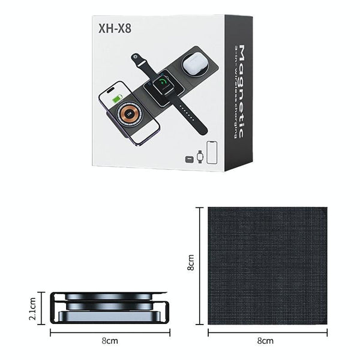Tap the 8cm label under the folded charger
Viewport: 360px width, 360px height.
click(x=108, y=340)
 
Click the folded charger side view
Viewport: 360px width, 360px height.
click(x=108, y=307)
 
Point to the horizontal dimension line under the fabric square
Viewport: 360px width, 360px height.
click(x=267, y=331)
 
